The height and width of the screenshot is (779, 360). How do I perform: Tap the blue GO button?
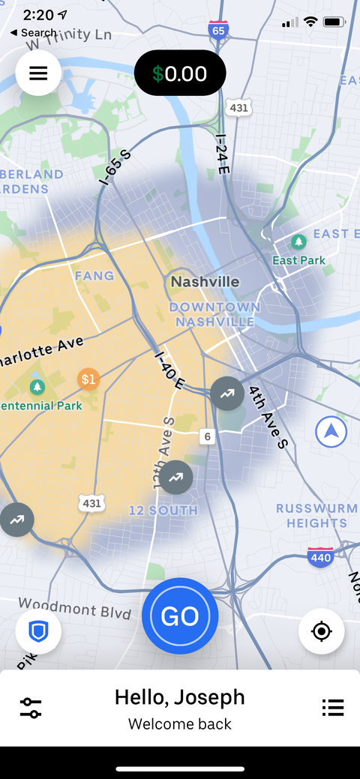180,616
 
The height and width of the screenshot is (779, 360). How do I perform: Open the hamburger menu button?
38,73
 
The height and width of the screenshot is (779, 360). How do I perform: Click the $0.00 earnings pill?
180,73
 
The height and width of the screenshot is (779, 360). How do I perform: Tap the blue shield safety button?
38,632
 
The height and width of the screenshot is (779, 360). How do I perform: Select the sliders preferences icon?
31,707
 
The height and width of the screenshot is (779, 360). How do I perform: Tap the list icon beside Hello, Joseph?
332,707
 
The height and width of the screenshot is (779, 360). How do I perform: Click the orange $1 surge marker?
88,379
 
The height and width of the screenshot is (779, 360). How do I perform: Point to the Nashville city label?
205,282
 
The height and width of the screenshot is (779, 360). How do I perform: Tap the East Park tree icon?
299,241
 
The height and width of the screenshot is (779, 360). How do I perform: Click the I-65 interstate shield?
218,31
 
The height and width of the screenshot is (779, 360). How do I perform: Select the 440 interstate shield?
320,557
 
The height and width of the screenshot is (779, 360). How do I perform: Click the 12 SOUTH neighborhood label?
163,511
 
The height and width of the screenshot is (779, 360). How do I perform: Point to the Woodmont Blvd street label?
68,607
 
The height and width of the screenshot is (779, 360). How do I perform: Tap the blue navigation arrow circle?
331,432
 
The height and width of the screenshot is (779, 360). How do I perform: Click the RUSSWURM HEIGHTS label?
316,516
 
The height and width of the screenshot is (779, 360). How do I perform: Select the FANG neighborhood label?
94,276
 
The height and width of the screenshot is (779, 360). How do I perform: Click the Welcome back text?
180,724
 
